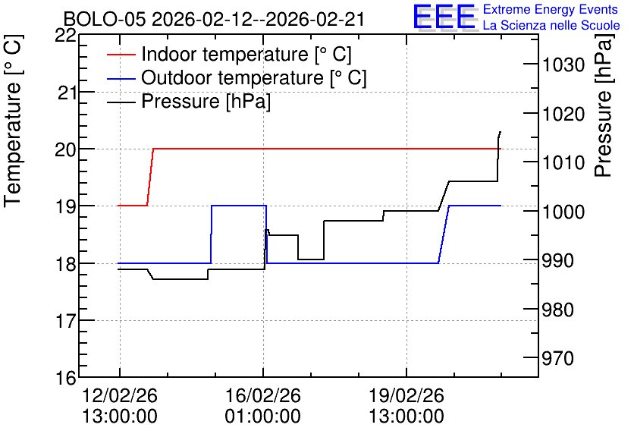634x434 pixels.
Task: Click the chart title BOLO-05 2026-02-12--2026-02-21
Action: [214, 19]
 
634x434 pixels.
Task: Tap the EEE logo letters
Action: [444, 17]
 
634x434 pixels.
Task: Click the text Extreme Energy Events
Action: [551, 9]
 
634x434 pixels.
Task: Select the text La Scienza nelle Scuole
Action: [551, 25]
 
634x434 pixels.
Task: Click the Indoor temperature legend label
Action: [246, 54]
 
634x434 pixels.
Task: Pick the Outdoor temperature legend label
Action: [254, 77]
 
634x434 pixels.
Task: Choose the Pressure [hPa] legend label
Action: [206, 101]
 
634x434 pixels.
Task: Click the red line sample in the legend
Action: [121, 54]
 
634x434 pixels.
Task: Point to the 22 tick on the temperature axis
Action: [65, 36]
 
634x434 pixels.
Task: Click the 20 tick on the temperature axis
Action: [65, 149]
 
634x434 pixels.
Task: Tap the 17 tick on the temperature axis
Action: [65, 321]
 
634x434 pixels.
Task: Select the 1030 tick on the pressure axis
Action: [563, 64]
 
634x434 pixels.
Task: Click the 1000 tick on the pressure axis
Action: [563, 212]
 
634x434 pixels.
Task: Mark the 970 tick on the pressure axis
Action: [558, 358]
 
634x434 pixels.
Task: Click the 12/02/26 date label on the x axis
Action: [120, 395]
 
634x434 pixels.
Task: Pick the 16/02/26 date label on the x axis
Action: [263, 395]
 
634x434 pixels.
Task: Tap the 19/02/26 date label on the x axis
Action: [406, 395]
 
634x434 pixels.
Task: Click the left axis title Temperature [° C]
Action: [13, 121]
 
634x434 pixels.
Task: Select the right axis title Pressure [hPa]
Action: [603, 105]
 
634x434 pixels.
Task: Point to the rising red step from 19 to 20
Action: [150, 177]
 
